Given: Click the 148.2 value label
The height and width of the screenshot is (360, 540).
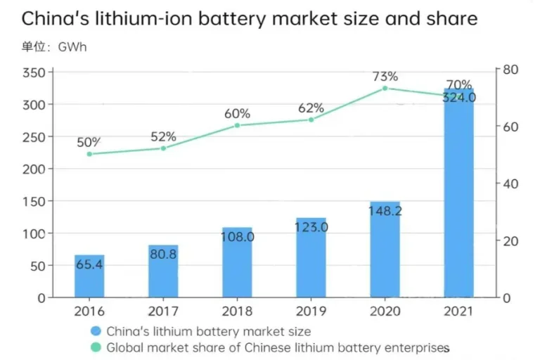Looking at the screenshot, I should [385, 210].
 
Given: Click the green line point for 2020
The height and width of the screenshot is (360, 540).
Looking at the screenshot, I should [385, 89].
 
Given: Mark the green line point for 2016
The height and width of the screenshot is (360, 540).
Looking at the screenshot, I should [89, 154].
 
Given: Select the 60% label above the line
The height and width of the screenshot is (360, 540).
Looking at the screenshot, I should [237, 113].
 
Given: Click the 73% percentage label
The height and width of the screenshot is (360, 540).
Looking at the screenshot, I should [385, 76].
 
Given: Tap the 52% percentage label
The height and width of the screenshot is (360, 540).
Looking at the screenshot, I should [163, 136].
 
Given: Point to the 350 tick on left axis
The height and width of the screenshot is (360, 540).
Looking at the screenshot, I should [33, 72].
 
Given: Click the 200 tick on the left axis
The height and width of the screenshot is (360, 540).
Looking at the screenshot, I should [33, 169].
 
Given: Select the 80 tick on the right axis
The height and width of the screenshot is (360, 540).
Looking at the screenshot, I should [510, 70].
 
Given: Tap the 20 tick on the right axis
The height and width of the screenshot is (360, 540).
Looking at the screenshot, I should [510, 240].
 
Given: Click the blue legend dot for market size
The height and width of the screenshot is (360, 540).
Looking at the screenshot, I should [96, 331].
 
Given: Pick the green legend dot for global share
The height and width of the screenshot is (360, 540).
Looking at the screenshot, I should [96, 347].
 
